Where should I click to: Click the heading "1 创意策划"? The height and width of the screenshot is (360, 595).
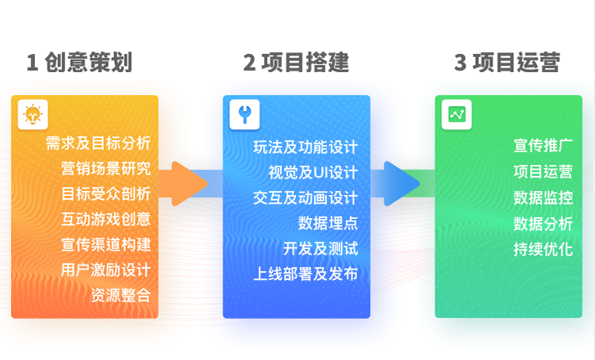pyautogui.click(x=79, y=63)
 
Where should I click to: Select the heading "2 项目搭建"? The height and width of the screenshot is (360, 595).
pyautogui.click(x=296, y=63)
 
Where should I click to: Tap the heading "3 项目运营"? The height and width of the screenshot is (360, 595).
pyautogui.click(x=507, y=63)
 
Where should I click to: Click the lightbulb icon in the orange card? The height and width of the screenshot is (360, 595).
pyautogui.click(x=33, y=114)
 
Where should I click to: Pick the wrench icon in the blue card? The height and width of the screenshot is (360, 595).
pyautogui.click(x=244, y=114)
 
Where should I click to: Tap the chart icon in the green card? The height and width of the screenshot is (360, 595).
pyautogui.click(x=456, y=114)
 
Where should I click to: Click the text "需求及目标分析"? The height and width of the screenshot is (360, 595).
pyautogui.click(x=98, y=144)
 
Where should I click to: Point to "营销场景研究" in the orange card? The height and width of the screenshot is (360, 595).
pyautogui.click(x=106, y=169)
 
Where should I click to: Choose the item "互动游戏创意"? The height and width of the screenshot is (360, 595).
pyautogui.click(x=106, y=219)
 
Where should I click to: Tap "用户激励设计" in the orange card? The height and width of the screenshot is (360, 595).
pyautogui.click(x=106, y=270)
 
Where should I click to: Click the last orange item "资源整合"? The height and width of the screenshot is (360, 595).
pyautogui.click(x=121, y=295)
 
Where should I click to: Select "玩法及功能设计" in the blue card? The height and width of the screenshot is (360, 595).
pyautogui.click(x=305, y=147)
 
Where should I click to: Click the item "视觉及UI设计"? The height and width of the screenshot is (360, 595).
pyautogui.click(x=313, y=172)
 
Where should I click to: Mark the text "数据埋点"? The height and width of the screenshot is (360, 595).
pyautogui.click(x=328, y=223)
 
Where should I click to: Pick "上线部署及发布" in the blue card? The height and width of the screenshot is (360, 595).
pyautogui.click(x=305, y=274)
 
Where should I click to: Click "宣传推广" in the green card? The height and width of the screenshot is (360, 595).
pyautogui.click(x=543, y=147)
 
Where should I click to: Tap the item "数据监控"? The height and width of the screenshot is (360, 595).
pyautogui.click(x=543, y=197)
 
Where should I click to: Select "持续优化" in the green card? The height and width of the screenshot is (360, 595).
pyautogui.click(x=543, y=248)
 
